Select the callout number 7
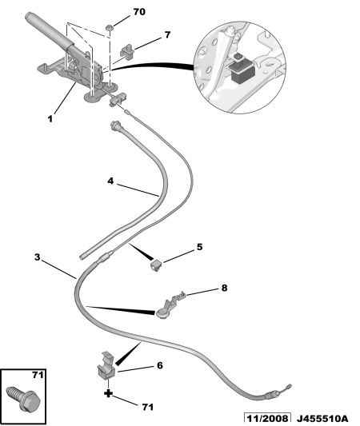point(167,35)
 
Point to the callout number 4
point(111,181)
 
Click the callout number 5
point(199,247)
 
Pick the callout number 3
point(37,257)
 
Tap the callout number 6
point(159,365)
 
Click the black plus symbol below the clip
point(106,394)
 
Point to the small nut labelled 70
point(110,30)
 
